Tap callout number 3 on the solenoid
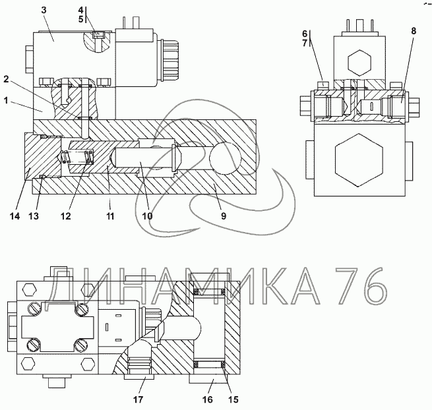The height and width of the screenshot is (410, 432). [x=44, y=11]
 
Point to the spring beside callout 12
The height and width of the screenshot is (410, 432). [x=78, y=158]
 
